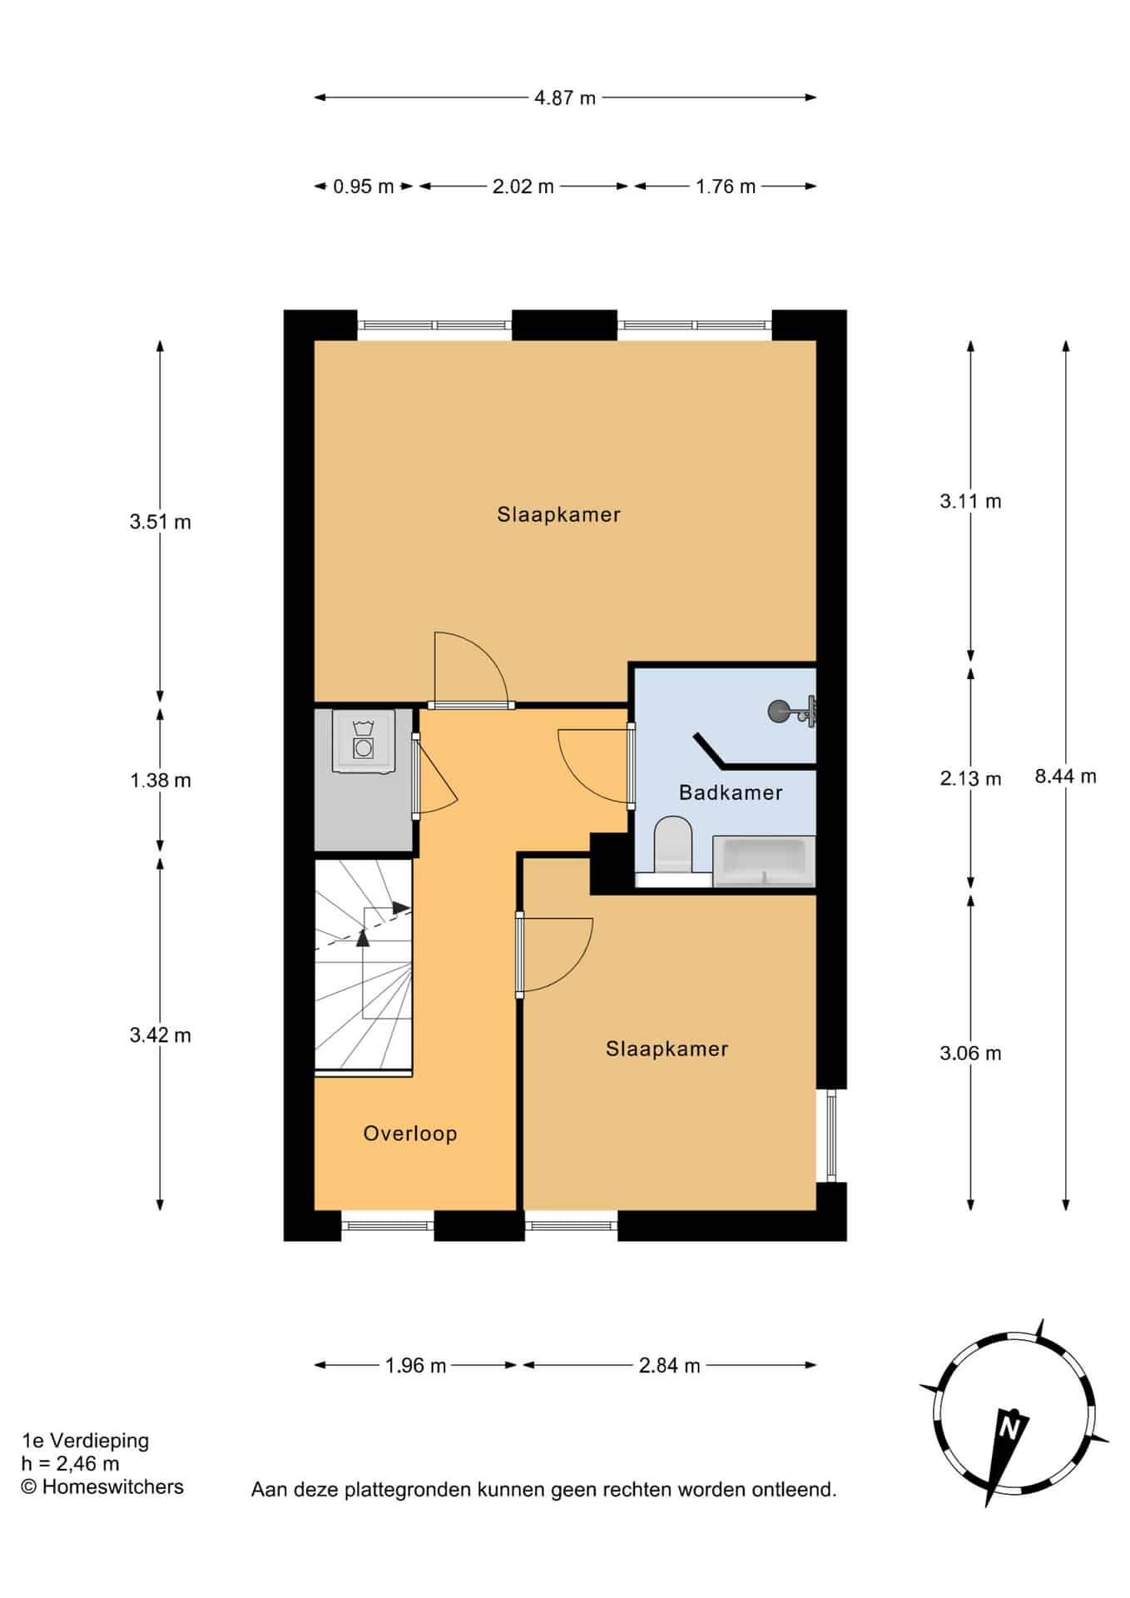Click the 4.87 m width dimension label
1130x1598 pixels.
[565, 97]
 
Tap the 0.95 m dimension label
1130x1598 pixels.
[364, 186]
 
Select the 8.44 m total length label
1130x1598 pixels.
[1066, 777]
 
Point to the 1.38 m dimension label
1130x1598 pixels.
[161, 780]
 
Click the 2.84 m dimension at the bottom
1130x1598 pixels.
[670, 1365]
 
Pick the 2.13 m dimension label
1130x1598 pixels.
[970, 778]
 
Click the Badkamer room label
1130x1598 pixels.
[731, 792]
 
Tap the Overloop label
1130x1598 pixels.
[410, 1134]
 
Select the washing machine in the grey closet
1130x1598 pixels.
[363, 741]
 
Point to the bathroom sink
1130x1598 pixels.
[764, 861]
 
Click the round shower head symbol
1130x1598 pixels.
[778, 711]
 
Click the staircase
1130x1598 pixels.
[364, 968]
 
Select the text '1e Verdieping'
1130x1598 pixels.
[85, 1440]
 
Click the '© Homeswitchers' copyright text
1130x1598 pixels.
[102, 1486]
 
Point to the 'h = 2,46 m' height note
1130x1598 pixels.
[71, 1463]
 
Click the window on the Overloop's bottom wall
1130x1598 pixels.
[388, 1225]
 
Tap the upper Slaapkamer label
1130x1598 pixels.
[559, 514]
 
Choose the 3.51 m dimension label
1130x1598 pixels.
[161, 522]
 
